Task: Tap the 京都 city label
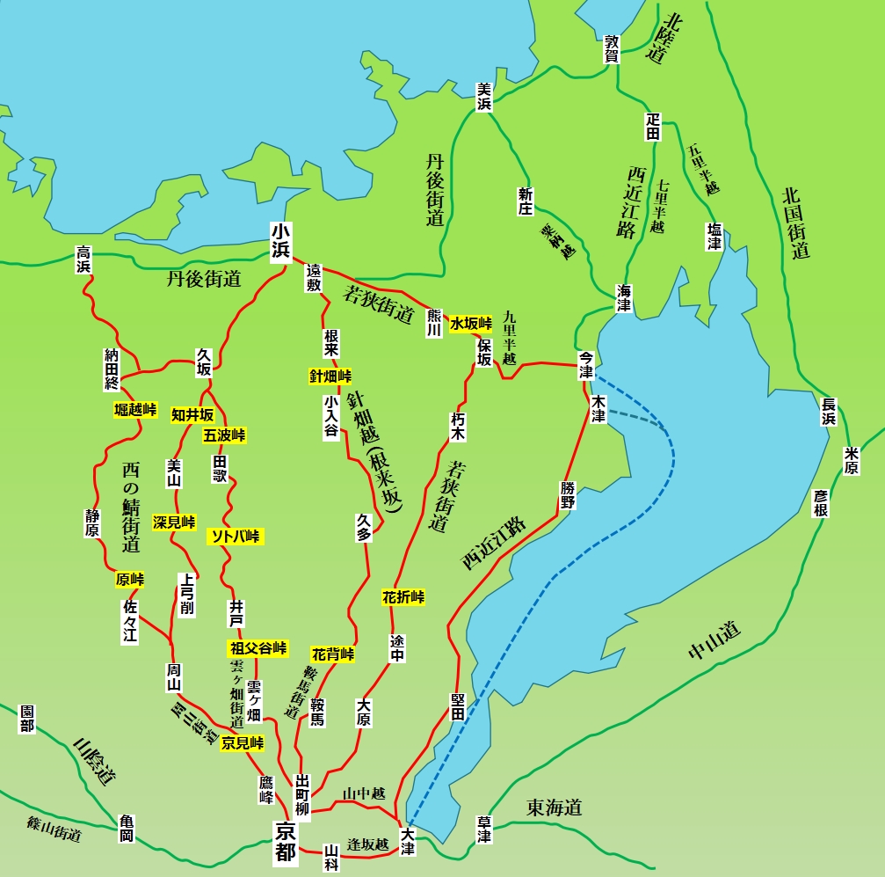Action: click(285, 840)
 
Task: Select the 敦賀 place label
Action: click(613, 49)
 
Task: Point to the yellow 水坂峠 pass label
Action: click(471, 324)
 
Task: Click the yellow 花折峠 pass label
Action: click(403, 597)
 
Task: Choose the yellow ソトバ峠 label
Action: click(236, 536)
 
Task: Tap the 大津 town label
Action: click(407, 842)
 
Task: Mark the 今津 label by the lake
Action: click(586, 365)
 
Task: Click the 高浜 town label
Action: click(84, 259)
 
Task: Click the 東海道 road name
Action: click(554, 808)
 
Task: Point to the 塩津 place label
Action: click(715, 236)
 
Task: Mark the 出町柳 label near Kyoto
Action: click(303, 794)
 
